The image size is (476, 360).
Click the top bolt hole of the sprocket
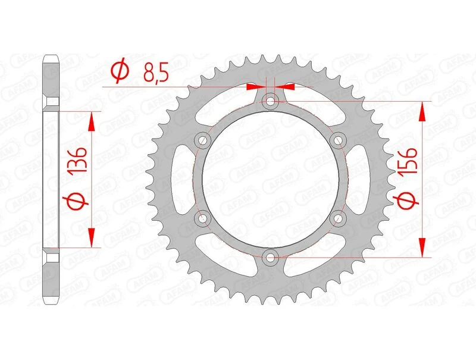click(x=271, y=102)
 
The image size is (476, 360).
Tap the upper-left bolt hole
click(x=203, y=140)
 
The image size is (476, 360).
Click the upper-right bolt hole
click(x=338, y=140)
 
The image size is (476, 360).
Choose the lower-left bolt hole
click(x=203, y=218)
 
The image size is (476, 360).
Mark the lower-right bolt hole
click(x=338, y=218)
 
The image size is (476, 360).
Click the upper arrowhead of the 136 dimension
click(x=91, y=121)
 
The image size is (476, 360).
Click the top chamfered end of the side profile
click(x=51, y=62)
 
